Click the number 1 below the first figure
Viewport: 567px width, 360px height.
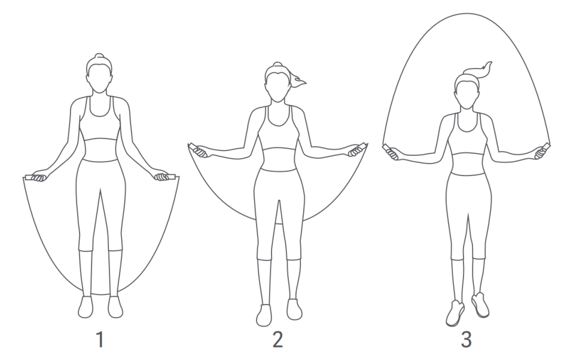pos(100,340)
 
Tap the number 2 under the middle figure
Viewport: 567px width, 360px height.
pos(278,340)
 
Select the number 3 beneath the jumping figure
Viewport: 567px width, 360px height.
pos(467,340)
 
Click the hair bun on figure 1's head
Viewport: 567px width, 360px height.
pos(99,56)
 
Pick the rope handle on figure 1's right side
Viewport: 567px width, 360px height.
pos(165,177)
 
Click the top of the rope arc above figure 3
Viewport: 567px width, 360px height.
pos(467,14)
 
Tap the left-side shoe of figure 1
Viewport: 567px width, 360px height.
pos(86,307)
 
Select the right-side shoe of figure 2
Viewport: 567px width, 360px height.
pos(294,309)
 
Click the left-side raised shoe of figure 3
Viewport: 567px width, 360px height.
pos(455,313)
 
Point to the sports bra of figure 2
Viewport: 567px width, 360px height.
pos(279,131)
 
